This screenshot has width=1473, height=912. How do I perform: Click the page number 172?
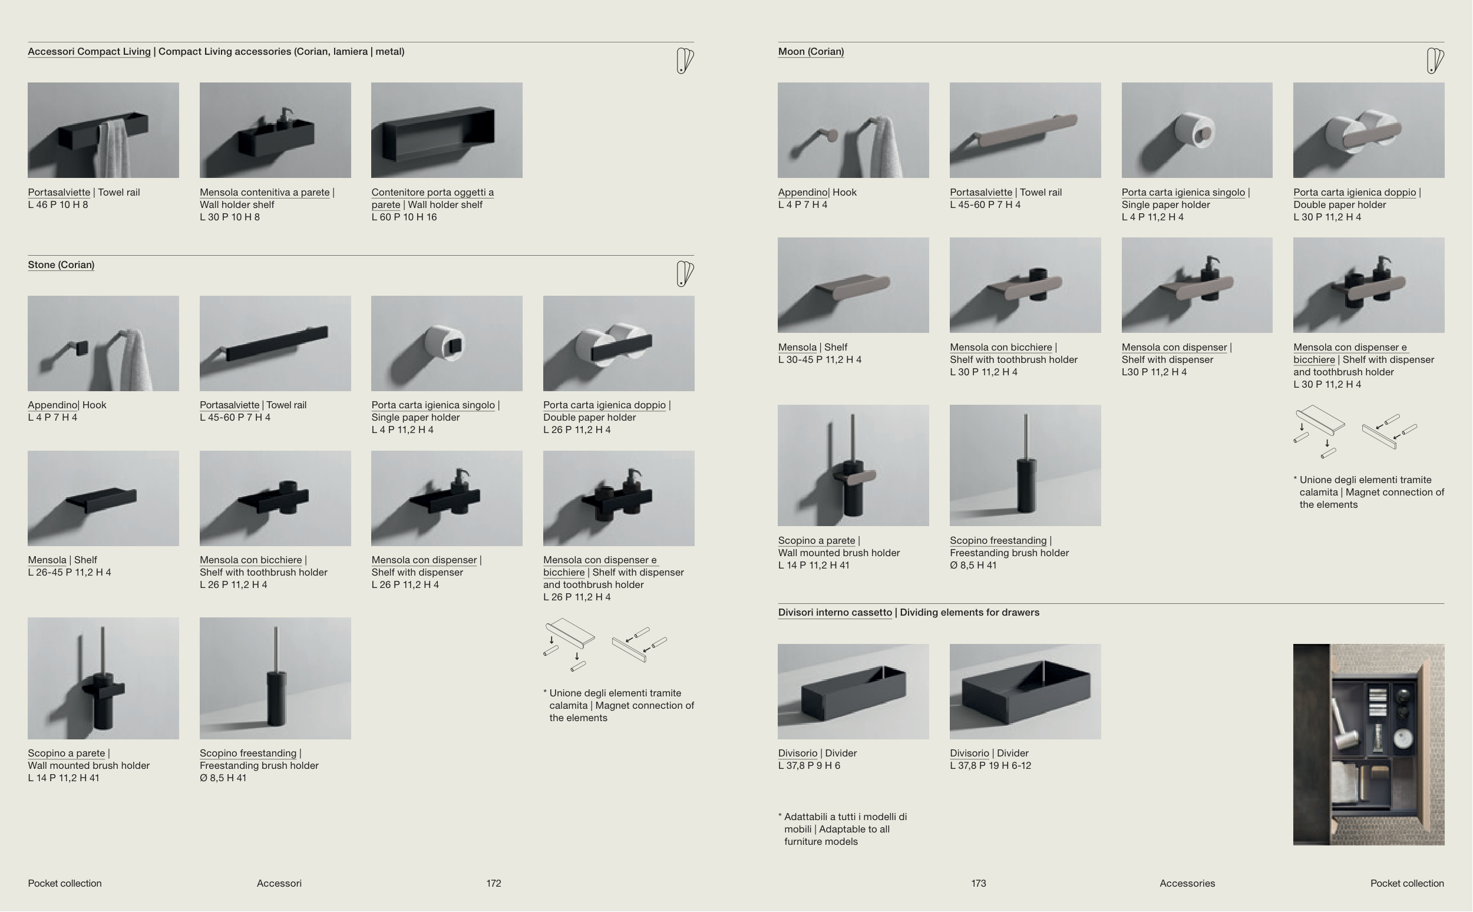(x=493, y=883)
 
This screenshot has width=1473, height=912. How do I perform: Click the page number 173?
(x=979, y=883)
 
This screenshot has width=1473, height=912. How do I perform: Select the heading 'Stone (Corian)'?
(x=61, y=265)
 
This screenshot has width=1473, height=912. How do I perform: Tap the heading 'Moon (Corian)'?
(x=811, y=52)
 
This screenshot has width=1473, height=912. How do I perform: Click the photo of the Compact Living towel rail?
(x=103, y=130)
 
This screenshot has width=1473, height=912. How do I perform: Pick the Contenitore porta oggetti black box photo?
(x=447, y=130)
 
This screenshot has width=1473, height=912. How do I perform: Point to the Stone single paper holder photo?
(x=447, y=343)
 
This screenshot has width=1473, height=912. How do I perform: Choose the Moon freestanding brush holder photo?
(x=1025, y=465)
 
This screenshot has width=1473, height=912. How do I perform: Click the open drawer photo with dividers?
(x=1369, y=744)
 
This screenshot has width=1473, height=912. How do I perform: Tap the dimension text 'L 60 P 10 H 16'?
(x=404, y=217)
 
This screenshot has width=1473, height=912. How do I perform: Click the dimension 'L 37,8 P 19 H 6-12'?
(x=990, y=765)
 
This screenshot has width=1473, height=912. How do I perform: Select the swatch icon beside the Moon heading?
(x=1435, y=61)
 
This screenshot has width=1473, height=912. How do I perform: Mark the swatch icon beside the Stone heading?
(x=685, y=274)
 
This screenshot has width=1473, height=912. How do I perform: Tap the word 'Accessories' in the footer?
(x=1187, y=883)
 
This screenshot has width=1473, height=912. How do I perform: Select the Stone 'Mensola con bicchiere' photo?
(x=275, y=498)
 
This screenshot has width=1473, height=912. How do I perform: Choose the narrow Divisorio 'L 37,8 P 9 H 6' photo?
(x=853, y=691)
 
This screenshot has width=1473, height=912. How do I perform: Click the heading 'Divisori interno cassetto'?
(x=835, y=612)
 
